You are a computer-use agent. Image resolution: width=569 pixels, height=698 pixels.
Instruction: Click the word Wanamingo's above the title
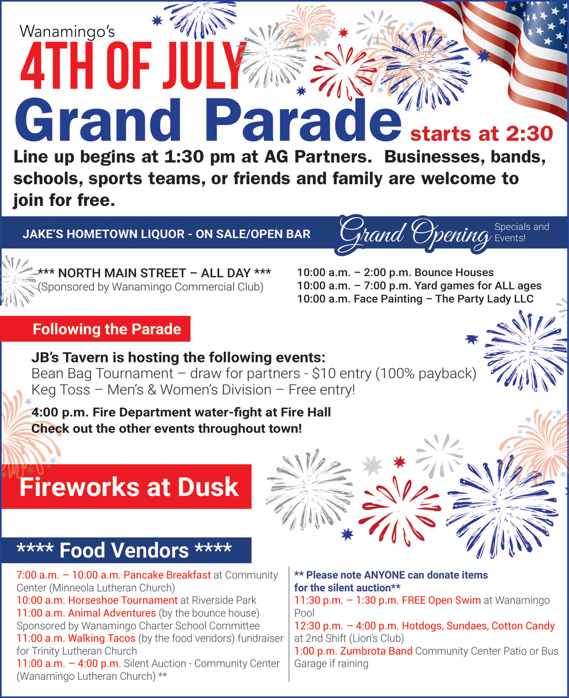click(67, 32)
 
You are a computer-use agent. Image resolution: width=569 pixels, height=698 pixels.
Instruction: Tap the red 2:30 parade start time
click(530, 134)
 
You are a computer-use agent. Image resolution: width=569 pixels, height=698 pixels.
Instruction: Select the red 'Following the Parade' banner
click(96, 329)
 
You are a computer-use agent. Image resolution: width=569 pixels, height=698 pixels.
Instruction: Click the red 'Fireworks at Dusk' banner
click(126, 486)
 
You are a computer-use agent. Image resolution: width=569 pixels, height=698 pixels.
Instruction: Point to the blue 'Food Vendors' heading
click(126, 550)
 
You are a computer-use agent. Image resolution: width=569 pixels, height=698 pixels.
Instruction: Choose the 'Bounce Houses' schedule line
click(395, 272)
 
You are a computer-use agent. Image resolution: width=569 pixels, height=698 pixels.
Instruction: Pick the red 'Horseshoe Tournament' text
click(122, 600)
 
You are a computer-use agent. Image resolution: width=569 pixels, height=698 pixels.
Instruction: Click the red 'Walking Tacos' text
click(102, 638)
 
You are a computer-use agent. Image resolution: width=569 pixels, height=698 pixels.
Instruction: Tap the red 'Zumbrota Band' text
click(376, 651)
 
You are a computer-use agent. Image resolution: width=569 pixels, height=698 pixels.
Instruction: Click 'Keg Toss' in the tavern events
click(61, 390)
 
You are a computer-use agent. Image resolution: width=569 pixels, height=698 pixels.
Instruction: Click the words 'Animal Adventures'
click(112, 613)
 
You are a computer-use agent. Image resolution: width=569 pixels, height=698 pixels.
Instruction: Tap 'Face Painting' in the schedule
click(388, 299)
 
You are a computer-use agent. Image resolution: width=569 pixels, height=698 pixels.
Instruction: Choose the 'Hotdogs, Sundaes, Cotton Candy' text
click(478, 626)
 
